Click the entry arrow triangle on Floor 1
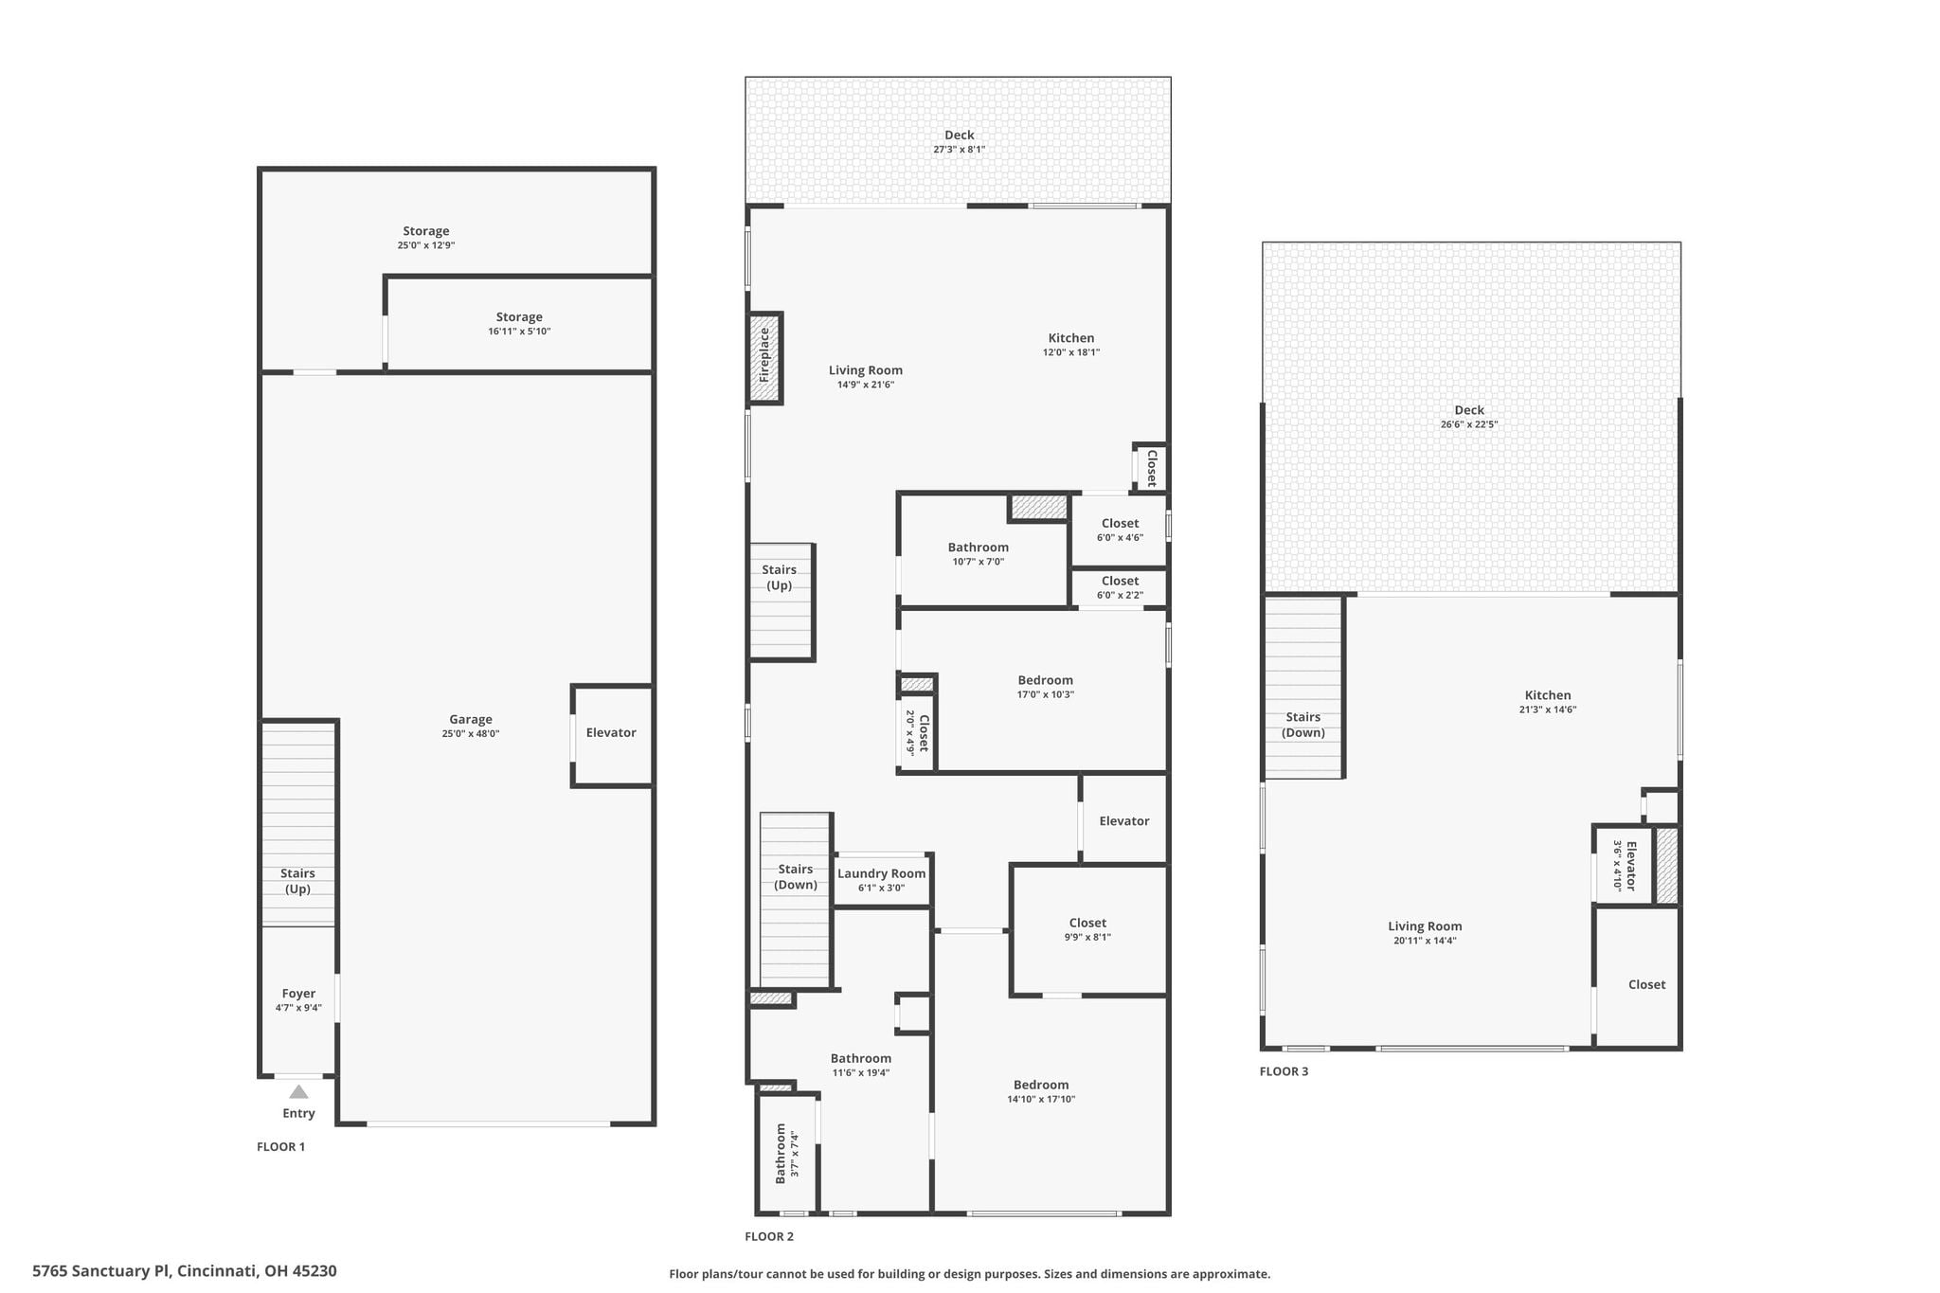tap(298, 1091)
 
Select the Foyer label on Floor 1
tap(298, 994)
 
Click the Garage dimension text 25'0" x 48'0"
tap(471, 733)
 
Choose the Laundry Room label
tap(882, 873)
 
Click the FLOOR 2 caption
tap(769, 1236)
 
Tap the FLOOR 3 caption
tap(1284, 1071)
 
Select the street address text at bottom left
tap(185, 1271)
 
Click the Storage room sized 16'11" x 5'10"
tap(519, 324)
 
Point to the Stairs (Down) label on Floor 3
tap(1303, 725)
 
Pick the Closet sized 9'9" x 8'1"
tap(1089, 929)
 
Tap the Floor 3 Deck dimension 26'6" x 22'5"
tap(1469, 424)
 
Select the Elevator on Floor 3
tap(1624, 865)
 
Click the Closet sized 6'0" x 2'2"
tap(1120, 587)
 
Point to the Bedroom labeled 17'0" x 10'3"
tap(1046, 687)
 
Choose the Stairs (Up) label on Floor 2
tap(780, 578)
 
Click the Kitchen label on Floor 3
tap(1548, 695)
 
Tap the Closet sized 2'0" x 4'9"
tap(916, 732)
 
